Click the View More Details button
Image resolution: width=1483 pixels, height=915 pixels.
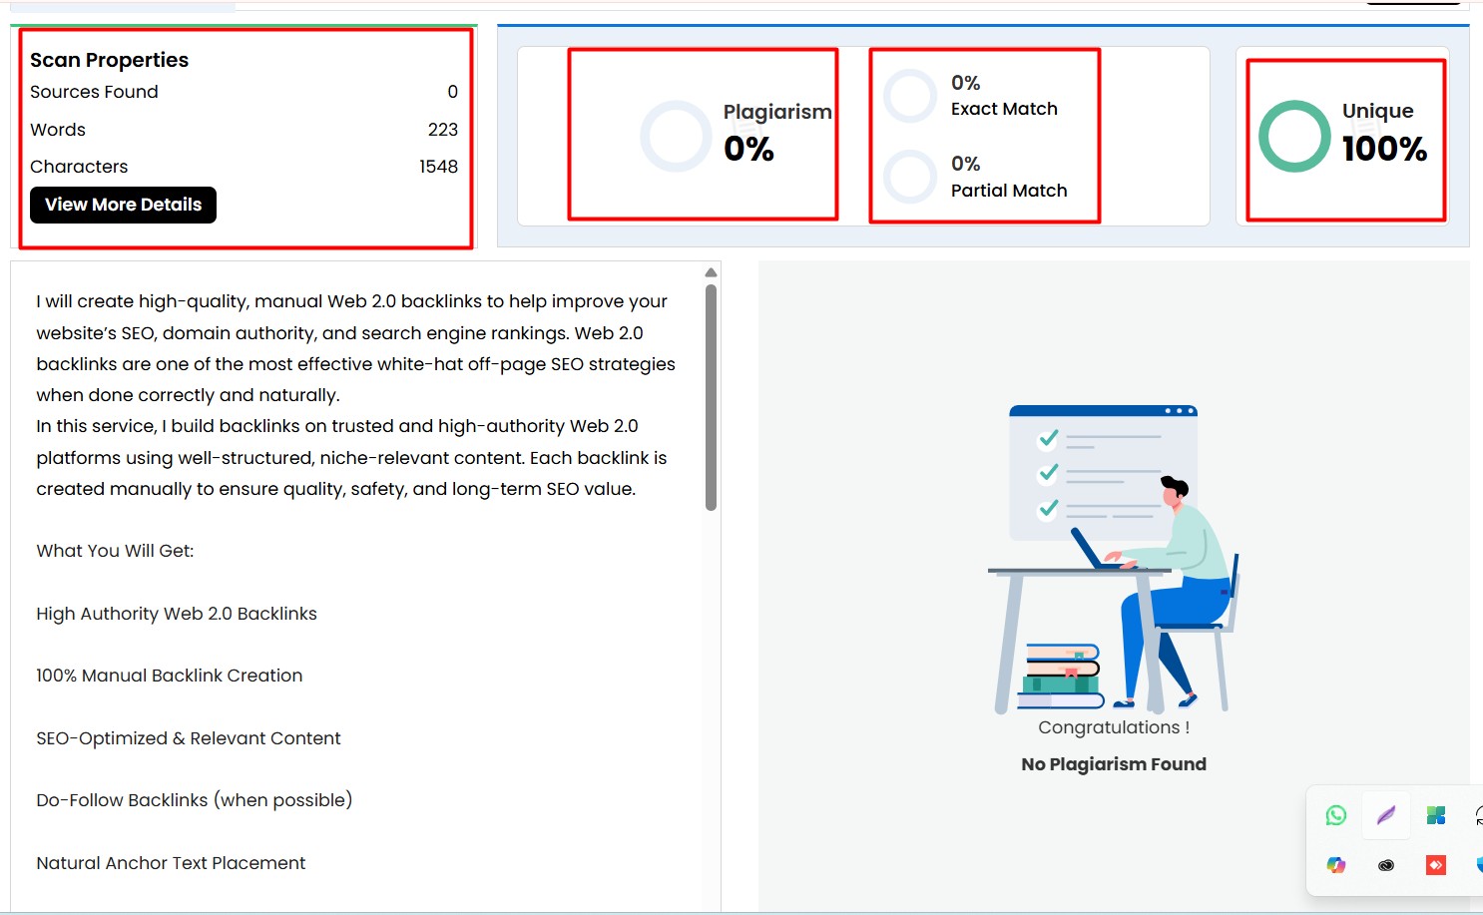[x=123, y=205]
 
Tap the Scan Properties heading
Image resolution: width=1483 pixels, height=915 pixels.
[x=109, y=60]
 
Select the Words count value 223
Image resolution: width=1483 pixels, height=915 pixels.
[x=442, y=130]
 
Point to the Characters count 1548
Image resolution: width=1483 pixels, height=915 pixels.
[x=438, y=167]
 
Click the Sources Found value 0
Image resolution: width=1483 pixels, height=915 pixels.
[x=452, y=92]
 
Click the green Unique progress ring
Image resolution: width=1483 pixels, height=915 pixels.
[x=1294, y=136]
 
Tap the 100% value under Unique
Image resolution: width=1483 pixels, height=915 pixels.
[x=1384, y=149]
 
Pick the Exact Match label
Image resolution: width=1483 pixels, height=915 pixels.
[x=1004, y=109]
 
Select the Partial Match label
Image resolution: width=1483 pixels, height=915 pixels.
[x=1009, y=191]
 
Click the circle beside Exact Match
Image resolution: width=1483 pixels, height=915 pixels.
[x=910, y=96]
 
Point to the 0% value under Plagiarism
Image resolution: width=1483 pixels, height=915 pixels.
[x=748, y=150]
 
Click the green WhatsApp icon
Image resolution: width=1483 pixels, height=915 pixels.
[x=1336, y=815]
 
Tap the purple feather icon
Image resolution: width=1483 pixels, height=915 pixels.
[x=1385, y=815]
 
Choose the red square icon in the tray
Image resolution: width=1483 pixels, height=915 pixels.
[x=1435, y=865]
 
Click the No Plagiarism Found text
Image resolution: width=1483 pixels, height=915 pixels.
[x=1114, y=764]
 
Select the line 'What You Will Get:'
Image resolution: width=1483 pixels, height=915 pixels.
[x=115, y=551]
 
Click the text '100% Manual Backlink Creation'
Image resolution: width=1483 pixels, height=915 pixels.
[x=169, y=676]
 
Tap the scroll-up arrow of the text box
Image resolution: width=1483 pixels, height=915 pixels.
[x=711, y=272]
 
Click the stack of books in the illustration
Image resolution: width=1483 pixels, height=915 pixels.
[x=1062, y=677]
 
